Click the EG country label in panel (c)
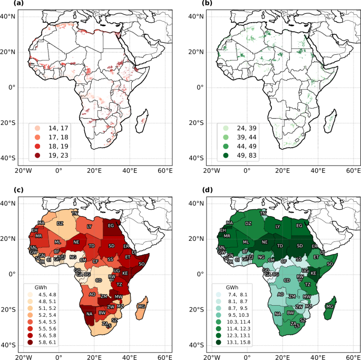111,226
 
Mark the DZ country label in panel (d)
248,223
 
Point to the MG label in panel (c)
141,306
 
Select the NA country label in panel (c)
89,314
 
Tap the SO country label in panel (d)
330,264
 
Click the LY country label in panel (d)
278,227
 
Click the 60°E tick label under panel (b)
352,171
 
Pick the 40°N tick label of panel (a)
10,16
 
